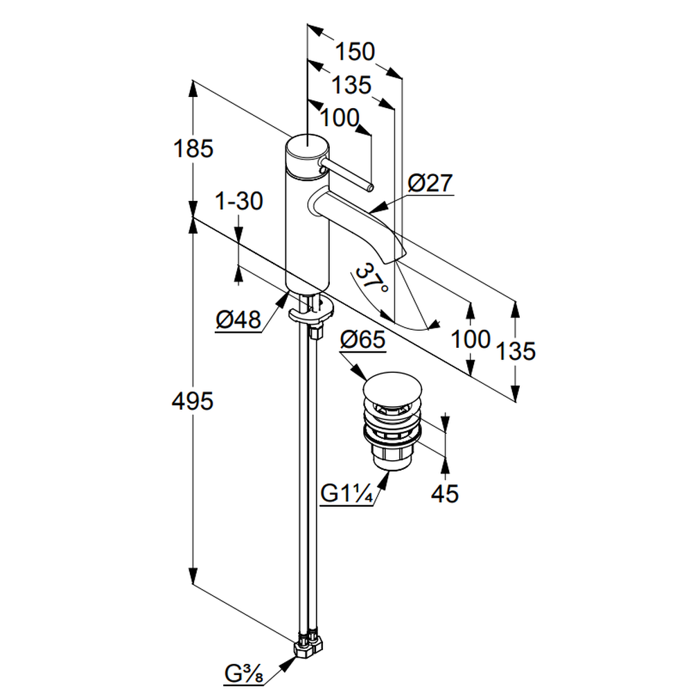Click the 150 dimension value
(355, 51)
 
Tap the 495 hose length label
(193, 401)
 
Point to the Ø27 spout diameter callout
(430, 184)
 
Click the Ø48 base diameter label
(238, 320)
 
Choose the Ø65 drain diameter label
(363, 341)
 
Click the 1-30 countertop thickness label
(239, 202)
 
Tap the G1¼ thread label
(348, 495)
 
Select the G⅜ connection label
(243, 672)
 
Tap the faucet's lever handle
(346, 176)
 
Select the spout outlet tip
(396, 254)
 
